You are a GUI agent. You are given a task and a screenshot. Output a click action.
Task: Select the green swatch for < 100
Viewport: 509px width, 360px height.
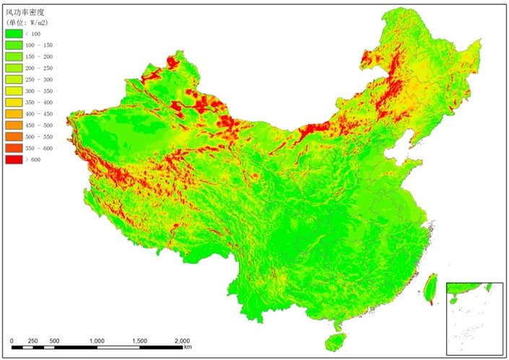(x=14, y=34)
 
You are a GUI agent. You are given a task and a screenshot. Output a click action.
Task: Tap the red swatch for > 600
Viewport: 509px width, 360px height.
(x=14, y=159)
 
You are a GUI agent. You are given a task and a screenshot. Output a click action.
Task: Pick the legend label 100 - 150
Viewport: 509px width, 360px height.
(x=39, y=45)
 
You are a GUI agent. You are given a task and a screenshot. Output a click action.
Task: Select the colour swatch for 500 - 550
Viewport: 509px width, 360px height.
(x=14, y=136)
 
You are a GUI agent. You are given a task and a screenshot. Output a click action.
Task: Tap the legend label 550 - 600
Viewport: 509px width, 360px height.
(x=39, y=147)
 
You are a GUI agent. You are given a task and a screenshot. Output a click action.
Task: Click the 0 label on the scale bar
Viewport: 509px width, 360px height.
(x=12, y=340)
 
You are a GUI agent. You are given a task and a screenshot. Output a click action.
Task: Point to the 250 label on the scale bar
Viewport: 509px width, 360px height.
(x=33, y=340)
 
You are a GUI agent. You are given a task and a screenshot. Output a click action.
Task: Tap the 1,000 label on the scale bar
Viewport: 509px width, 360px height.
(x=97, y=340)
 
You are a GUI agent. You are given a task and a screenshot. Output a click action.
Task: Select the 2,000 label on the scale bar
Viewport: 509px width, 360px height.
(x=182, y=340)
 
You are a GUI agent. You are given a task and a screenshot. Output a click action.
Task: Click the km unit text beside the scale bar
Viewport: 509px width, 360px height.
(x=188, y=348)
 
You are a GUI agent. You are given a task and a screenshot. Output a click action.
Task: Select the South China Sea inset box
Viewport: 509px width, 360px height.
(x=474, y=317)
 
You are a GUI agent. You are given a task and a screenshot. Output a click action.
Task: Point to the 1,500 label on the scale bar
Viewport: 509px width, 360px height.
(x=139, y=340)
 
